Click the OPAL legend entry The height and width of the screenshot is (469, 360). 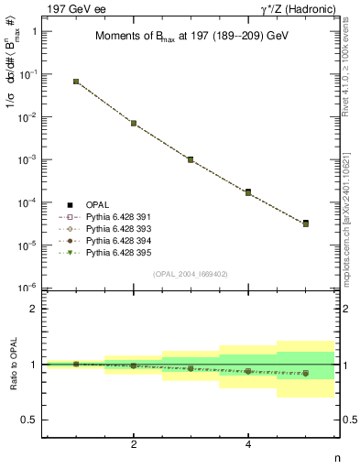pyautogui.click(x=96, y=204)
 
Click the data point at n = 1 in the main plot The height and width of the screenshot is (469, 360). pyautogui.click(x=76, y=82)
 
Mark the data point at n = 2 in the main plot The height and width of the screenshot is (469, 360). pyautogui.click(x=134, y=123)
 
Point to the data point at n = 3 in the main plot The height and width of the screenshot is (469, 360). pyautogui.click(x=191, y=159)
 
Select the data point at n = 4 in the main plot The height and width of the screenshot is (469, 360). pyautogui.click(x=248, y=192)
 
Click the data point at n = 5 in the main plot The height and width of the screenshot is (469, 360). pyautogui.click(x=305, y=224)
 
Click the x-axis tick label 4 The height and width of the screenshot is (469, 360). pyautogui.click(x=248, y=444)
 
